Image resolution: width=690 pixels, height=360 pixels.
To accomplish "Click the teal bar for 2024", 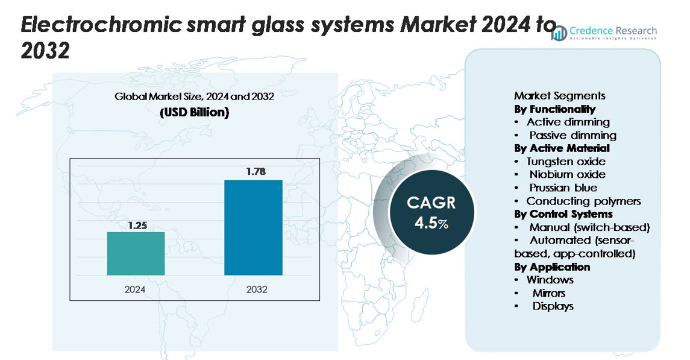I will coord(136,253).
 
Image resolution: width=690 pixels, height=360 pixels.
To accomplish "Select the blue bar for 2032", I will coord(253,227).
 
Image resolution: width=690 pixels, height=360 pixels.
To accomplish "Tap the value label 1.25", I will coord(137,226).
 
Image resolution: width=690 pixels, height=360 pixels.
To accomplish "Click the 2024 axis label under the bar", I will coord(135,289).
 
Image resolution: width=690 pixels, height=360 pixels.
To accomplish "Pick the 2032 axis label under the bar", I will coord(257,289).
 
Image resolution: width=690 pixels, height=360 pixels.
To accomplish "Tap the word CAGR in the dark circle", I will coord(431,203).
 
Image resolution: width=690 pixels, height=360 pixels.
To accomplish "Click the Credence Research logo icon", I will coord(560,33).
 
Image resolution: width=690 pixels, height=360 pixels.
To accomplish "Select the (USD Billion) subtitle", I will coord(195,113).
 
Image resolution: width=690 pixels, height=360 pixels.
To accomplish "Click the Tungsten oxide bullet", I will coord(565,161).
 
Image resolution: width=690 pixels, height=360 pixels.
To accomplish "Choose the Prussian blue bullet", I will coord(563,188).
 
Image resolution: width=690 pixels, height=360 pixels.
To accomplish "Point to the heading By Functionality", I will coord(554,109).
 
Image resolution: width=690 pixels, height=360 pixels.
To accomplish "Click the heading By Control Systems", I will coord(563,214).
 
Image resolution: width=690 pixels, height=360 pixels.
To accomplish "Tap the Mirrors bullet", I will coord(548,293).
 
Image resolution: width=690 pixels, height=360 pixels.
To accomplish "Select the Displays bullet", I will coord(553,306).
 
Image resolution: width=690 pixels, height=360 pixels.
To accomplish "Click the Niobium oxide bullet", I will coord(567,174).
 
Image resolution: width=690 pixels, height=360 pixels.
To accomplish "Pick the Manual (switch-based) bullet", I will coord(589,227).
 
